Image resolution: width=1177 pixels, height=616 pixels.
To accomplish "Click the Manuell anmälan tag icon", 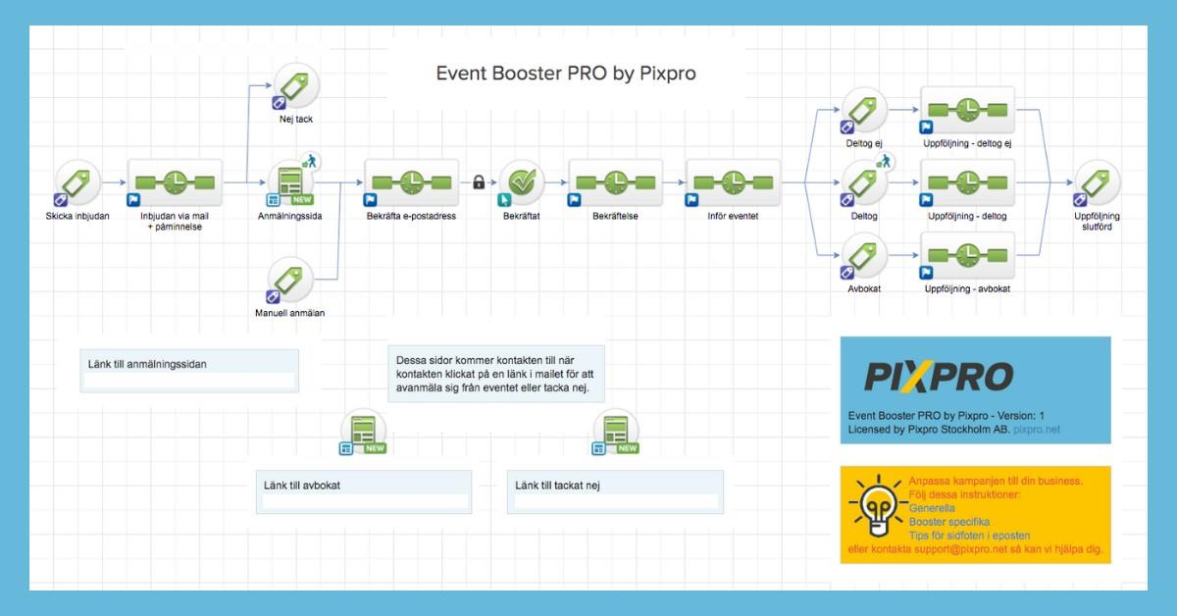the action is (292, 281).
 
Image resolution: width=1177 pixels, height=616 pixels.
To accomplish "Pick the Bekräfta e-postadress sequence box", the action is (410, 181).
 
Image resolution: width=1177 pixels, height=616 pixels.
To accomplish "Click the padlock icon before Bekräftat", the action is (479, 181).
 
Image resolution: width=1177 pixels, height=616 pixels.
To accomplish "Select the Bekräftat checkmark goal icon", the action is (522, 182).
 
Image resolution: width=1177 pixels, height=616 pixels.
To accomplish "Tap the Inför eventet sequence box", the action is (733, 181).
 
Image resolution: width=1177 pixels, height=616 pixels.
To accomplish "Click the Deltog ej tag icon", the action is (864, 112).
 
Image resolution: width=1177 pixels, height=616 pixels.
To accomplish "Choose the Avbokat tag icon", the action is (864, 257).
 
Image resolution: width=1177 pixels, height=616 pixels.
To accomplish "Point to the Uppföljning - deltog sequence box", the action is (967, 183).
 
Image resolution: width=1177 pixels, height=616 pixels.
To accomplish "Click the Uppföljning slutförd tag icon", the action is (1097, 183).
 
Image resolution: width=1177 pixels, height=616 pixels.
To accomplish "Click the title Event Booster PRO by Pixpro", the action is (566, 74).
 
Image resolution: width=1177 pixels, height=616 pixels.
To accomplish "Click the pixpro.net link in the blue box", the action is (1037, 430).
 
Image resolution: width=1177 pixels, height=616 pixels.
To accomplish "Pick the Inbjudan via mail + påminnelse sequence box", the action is (175, 181).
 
